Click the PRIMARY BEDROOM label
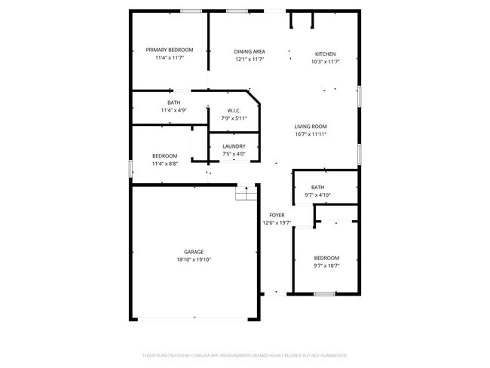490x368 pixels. coord(170,50)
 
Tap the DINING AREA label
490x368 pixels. coord(250,52)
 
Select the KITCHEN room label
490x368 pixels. coord(325,54)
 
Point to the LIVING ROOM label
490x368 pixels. coord(310,127)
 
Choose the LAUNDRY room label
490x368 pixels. coord(234,146)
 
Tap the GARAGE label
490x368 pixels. coord(194,252)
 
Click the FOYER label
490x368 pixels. coord(277,215)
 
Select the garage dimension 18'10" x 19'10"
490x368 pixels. coord(194,259)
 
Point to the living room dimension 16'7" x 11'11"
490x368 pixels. coord(310,134)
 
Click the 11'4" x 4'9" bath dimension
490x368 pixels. coord(173,111)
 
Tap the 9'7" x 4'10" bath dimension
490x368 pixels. coord(317,195)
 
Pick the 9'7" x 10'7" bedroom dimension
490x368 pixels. coord(326,265)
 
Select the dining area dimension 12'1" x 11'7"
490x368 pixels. coord(250,60)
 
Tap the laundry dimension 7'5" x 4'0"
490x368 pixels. coord(234,155)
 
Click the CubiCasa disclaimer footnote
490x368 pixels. coord(244,354)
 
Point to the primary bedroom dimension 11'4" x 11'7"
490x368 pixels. coord(170,57)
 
